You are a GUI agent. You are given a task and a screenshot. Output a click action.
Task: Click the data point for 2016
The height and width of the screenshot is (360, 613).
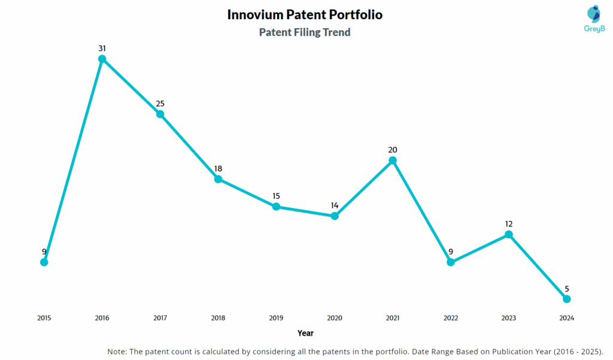(102, 59)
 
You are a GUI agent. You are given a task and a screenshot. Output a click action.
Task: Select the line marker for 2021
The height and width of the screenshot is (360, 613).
(393, 161)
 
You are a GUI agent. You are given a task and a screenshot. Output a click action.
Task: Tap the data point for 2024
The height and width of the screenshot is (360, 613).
(567, 299)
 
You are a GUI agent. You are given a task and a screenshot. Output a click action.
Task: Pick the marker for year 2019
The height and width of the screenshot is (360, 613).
(277, 207)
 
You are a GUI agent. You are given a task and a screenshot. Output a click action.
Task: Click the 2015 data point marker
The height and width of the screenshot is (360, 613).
(44, 262)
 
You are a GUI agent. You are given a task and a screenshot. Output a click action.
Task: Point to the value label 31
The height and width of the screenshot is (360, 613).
(102, 48)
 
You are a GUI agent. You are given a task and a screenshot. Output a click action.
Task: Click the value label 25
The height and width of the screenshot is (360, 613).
(160, 104)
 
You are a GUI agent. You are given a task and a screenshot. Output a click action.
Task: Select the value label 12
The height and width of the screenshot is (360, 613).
(509, 224)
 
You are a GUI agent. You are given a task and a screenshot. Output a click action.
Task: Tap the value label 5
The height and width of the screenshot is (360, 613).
(567, 288)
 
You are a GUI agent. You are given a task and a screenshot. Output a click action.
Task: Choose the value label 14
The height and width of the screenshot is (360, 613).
(335, 205)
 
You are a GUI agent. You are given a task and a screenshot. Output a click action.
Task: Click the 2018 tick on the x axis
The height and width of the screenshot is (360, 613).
(219, 318)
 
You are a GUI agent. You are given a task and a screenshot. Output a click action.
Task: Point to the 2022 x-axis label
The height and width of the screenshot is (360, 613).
(451, 318)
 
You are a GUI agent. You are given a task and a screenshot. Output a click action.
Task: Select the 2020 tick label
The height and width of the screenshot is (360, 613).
(335, 318)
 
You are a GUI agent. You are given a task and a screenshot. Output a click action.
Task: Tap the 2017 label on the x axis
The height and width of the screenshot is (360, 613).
(160, 318)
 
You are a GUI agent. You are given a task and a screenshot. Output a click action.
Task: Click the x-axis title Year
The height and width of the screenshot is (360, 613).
(305, 333)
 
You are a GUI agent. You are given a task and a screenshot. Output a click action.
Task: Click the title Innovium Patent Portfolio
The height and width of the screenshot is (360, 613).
(305, 15)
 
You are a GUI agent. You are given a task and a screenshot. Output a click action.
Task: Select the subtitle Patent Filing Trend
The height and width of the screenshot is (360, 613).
(305, 32)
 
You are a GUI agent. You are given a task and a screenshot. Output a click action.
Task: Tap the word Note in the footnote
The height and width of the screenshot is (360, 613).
(117, 351)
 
